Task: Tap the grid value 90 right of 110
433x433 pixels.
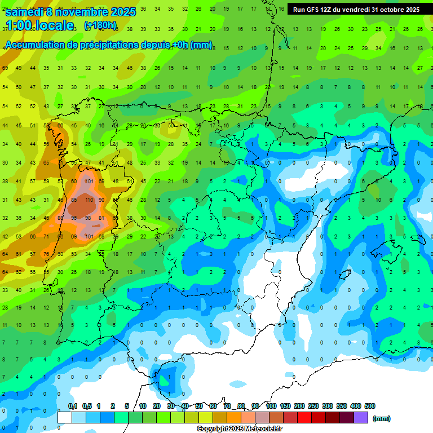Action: point(101,200)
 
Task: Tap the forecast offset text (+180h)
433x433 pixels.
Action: point(100,25)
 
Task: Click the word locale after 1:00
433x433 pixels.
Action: point(54,25)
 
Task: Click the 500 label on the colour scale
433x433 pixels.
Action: point(370,406)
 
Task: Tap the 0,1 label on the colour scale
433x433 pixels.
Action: point(73,406)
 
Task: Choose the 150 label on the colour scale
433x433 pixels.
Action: point(285,406)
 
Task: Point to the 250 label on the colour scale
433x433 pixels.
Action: point(313,406)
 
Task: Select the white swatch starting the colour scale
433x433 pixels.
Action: point(65,418)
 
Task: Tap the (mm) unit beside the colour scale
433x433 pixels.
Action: point(382,418)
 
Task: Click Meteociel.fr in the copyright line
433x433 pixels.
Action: point(262,429)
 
